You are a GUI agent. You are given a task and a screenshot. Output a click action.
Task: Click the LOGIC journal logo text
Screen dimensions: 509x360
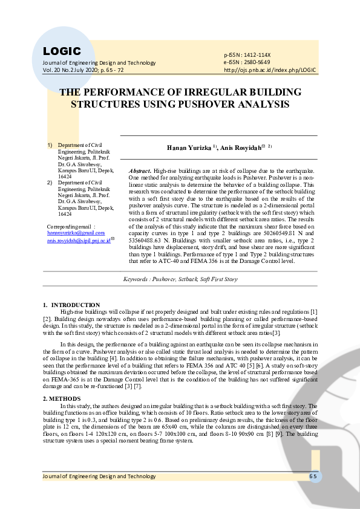[62, 51]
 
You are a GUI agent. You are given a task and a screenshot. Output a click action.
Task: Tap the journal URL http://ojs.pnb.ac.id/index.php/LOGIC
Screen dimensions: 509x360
[270, 70]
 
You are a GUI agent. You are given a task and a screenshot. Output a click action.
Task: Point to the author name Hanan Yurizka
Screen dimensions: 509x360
[189, 147]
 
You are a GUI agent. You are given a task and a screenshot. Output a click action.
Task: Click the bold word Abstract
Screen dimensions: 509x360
[140, 171]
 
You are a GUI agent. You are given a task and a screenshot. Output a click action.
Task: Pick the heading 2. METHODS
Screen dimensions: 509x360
[62, 400]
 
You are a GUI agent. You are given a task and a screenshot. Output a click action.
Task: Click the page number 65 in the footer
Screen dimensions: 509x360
[313, 476]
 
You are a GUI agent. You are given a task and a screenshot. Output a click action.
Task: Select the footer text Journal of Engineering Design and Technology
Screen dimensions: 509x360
[99, 476]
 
